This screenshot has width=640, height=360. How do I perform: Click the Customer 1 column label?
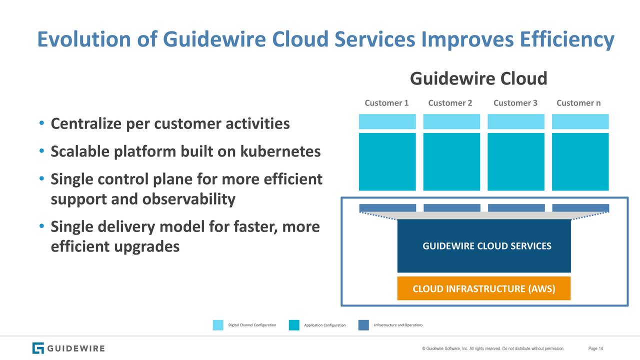[x=386, y=103]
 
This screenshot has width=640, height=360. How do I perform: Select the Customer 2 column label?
[x=450, y=103]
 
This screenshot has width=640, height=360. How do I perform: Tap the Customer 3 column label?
[x=515, y=103]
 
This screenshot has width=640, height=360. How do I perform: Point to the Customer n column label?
[x=578, y=103]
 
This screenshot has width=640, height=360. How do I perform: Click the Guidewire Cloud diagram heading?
[x=478, y=78]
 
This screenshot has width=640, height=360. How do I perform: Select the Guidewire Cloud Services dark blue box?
[x=483, y=246]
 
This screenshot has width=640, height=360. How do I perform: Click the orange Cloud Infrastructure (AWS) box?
[x=483, y=289]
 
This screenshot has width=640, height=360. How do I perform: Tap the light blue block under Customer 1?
[x=387, y=121]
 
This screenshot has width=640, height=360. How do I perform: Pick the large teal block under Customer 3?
[x=516, y=161]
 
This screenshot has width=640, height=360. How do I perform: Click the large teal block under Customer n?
[x=580, y=161]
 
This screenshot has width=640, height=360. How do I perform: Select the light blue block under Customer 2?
[x=451, y=121]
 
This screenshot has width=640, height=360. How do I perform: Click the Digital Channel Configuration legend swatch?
[x=218, y=325]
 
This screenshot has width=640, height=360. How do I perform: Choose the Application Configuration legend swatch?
[x=294, y=325]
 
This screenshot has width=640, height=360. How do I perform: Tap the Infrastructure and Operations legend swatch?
[x=363, y=325]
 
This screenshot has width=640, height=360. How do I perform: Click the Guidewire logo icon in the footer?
[x=38, y=348]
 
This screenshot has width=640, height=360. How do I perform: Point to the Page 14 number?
[x=595, y=348]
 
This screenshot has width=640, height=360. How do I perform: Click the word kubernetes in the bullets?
[x=280, y=151]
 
